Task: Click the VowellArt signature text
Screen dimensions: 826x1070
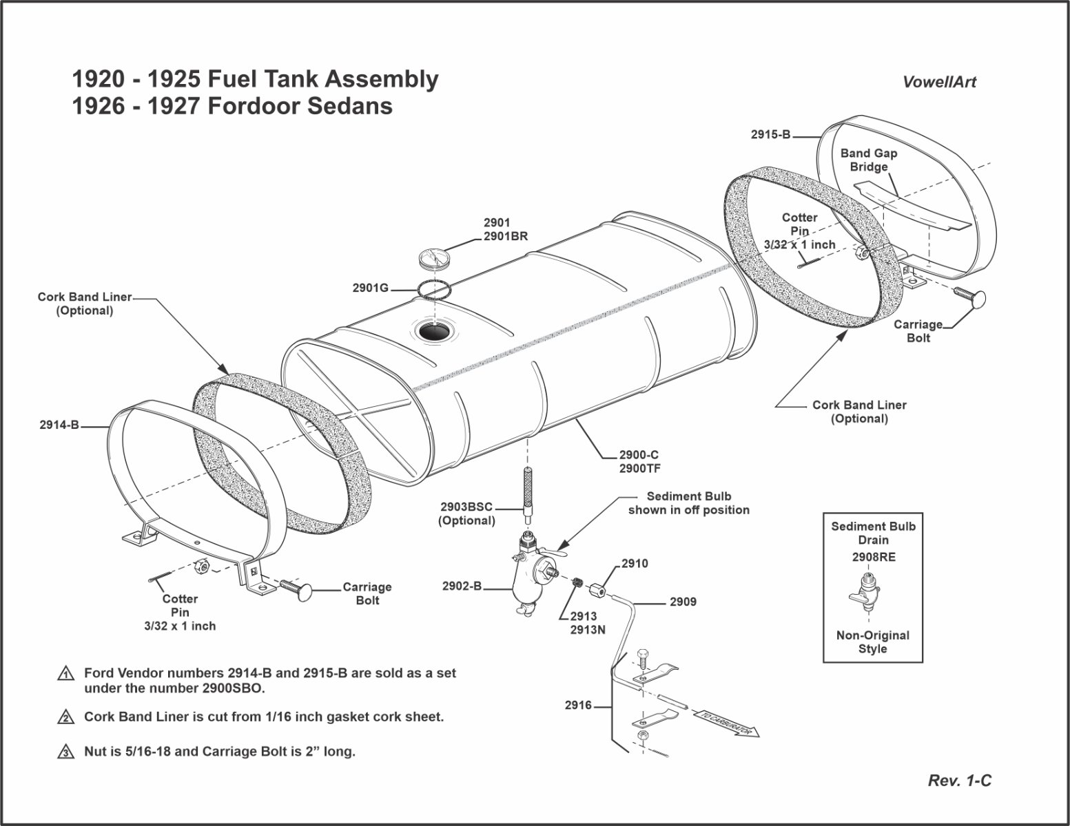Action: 939,82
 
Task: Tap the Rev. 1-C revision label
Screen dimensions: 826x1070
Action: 960,780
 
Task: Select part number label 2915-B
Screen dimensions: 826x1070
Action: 770,135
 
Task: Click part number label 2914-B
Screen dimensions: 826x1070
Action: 59,425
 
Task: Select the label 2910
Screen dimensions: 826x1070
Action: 635,563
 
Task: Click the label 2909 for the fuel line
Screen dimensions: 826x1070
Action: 683,602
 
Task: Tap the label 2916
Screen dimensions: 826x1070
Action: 578,705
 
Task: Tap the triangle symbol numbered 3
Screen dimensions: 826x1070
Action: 65,752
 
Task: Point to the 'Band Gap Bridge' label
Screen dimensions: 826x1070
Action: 868,160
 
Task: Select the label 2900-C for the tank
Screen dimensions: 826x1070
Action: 639,455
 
